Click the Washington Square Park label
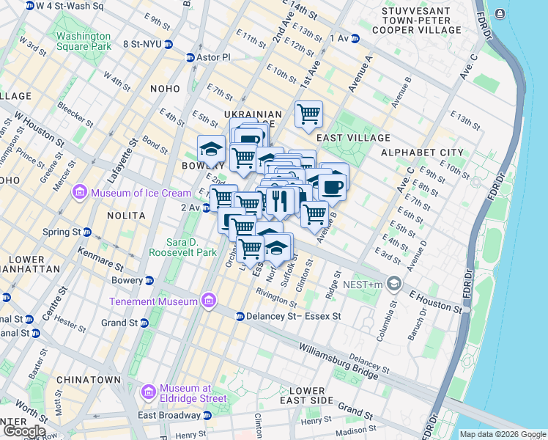[x=84, y=41]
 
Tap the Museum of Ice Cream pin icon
[x=79, y=193]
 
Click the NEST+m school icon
[x=394, y=284]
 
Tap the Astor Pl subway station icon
[x=191, y=57]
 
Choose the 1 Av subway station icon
[x=355, y=37]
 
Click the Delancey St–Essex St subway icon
[x=240, y=316]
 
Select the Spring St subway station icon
[x=87, y=232]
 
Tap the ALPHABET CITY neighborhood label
[x=422, y=153]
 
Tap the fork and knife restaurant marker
[x=279, y=200]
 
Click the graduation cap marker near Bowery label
[x=211, y=149]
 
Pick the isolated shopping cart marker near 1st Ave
[x=308, y=114]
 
